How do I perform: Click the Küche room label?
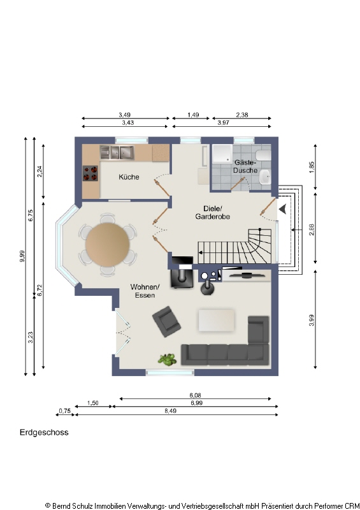(129, 177)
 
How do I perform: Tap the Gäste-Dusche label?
(245, 166)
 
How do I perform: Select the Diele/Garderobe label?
(212, 212)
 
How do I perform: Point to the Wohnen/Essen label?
(145, 291)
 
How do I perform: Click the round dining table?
(108, 244)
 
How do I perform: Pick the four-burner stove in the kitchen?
(90, 173)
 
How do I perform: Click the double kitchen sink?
(117, 152)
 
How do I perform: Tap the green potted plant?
(167, 360)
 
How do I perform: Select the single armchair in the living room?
(166, 321)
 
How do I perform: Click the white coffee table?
(216, 321)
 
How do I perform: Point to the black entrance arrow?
(283, 209)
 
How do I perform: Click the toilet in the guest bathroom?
(263, 155)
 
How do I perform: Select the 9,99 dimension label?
(22, 256)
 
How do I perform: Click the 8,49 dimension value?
(170, 411)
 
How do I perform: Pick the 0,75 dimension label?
(65, 411)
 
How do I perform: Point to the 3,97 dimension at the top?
(224, 122)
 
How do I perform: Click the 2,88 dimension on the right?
(312, 229)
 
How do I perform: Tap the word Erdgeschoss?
(44, 432)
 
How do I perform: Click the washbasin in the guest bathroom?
(266, 177)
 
